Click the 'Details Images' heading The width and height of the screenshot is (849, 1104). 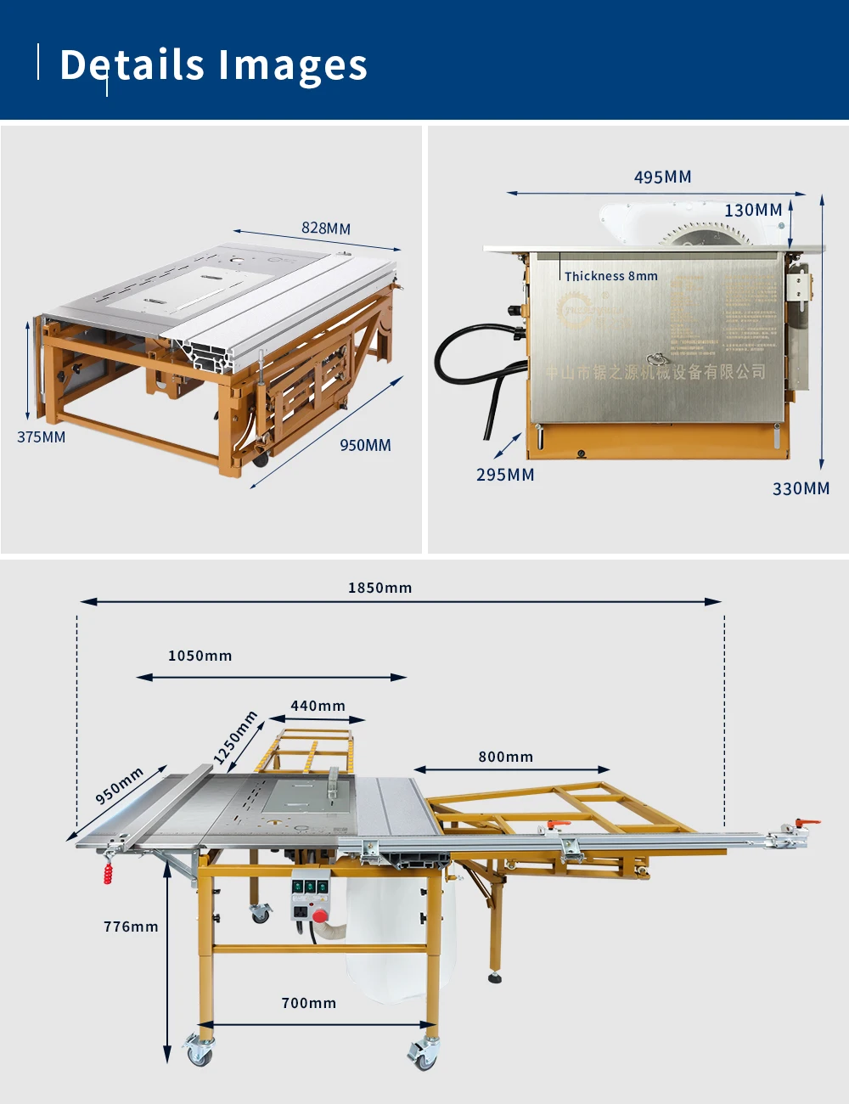(x=213, y=65)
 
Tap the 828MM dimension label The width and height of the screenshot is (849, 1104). (x=326, y=228)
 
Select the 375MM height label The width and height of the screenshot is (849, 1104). (x=41, y=437)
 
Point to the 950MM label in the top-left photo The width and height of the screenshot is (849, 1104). (x=365, y=446)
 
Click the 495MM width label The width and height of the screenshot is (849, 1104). (x=662, y=177)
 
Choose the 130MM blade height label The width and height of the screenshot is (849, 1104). (x=753, y=211)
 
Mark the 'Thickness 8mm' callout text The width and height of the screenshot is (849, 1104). (x=611, y=276)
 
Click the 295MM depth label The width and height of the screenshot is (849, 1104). (x=505, y=475)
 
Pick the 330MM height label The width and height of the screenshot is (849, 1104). (x=801, y=489)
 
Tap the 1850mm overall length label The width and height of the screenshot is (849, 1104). (x=380, y=588)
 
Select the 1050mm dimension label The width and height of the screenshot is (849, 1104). (x=200, y=656)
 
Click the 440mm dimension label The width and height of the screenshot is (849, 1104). (x=318, y=706)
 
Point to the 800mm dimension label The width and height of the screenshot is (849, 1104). (x=505, y=757)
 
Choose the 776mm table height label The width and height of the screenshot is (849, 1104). (x=131, y=927)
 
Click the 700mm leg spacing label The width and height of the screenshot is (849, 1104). (x=308, y=1003)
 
